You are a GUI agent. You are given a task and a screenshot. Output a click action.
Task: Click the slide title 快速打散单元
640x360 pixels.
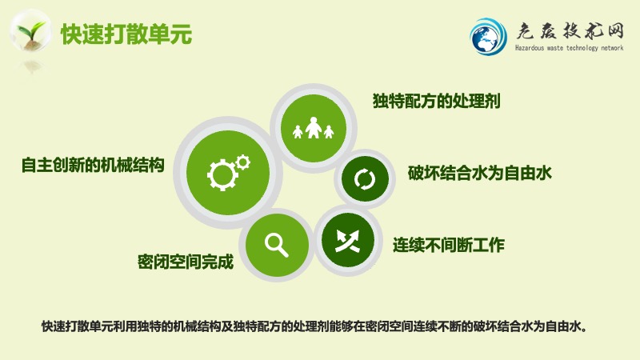click(126, 34)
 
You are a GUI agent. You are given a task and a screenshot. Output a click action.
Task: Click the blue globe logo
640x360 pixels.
click(488, 36)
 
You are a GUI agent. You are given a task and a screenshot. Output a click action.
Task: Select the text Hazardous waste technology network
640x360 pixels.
click(569, 48)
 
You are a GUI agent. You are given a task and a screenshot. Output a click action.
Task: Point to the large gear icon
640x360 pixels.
click(222, 175)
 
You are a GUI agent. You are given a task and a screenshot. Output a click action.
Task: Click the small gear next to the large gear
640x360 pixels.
click(243, 162)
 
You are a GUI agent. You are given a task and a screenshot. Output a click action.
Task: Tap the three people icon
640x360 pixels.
click(313, 128)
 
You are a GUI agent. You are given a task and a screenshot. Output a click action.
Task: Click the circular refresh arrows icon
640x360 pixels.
click(365, 178)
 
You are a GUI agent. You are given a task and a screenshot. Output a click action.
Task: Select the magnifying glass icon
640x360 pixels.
click(277, 246)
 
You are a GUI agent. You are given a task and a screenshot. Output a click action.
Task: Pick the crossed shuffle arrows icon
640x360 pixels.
click(347, 241)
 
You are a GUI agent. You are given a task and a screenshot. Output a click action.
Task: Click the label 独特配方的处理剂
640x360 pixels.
click(436, 101)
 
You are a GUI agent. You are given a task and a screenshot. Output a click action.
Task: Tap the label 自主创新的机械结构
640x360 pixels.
click(93, 165)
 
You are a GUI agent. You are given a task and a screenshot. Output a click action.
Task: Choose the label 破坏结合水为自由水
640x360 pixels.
click(479, 173)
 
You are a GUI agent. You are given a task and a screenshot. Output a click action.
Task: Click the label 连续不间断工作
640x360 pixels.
click(449, 245)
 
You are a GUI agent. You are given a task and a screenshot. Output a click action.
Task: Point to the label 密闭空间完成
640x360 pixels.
click(186, 262)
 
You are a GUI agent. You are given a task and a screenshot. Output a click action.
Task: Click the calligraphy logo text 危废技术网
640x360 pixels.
click(570, 31)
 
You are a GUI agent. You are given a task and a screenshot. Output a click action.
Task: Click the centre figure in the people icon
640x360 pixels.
click(313, 127)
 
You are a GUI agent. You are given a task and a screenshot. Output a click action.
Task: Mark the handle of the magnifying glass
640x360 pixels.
click(283, 251)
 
